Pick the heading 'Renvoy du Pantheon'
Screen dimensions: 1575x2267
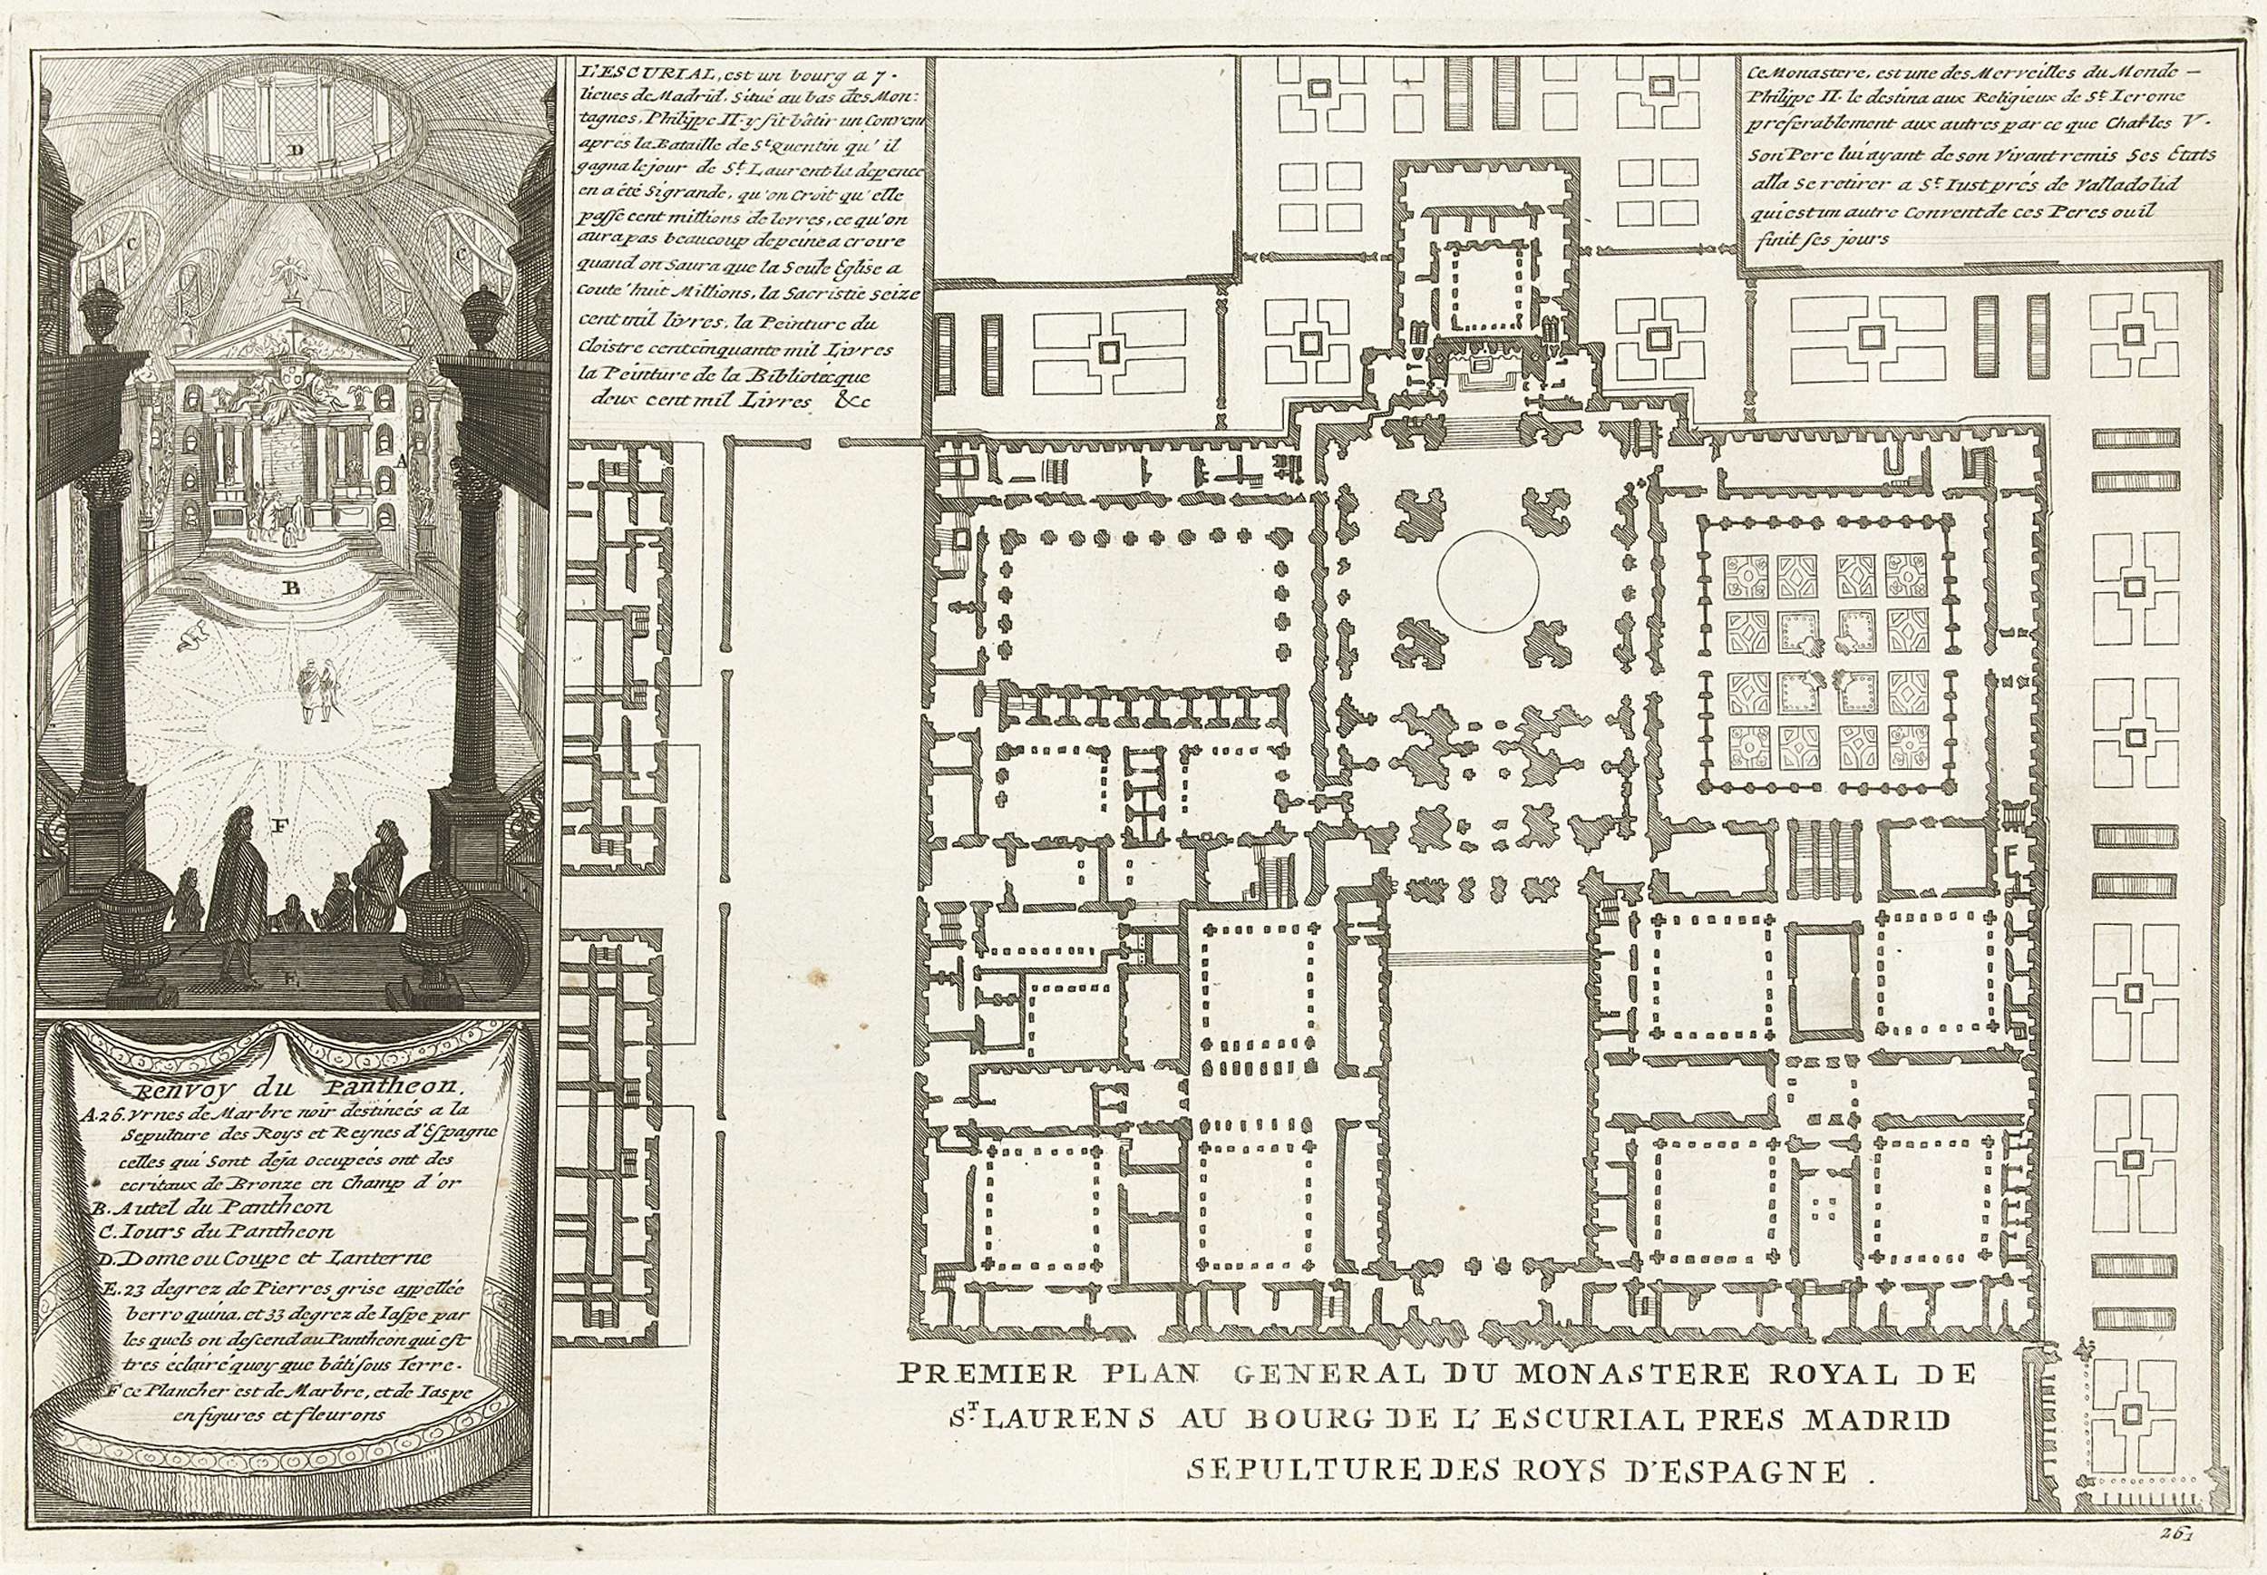click(x=292, y=1091)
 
